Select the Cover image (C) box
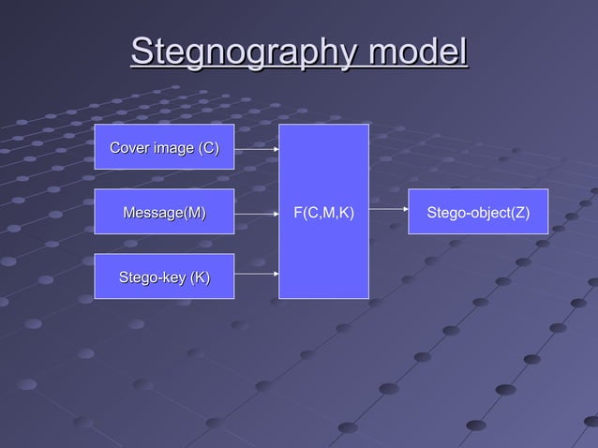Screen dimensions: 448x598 164,147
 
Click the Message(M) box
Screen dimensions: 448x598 164,213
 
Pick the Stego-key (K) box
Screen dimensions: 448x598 164,276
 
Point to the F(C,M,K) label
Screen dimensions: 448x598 323,213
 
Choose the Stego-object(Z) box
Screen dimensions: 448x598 478,213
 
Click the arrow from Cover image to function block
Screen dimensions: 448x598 256,148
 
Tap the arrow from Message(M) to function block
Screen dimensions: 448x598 256,213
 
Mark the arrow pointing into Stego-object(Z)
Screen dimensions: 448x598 388,213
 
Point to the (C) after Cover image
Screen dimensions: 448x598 208,147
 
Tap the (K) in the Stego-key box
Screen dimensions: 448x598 199,276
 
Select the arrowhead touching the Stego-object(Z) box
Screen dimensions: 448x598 405,213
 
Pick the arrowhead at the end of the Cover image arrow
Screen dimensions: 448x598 276,148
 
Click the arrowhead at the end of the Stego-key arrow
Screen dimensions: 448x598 276,275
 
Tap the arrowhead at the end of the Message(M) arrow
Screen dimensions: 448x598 276,213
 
